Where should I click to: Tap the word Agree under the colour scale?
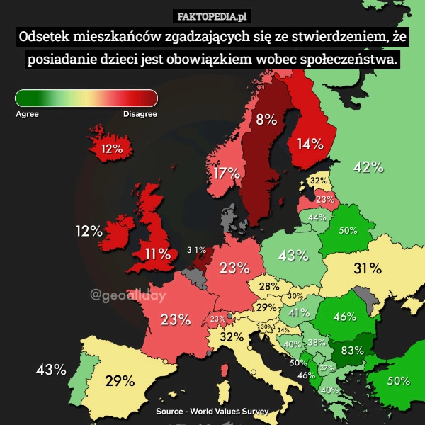(27, 113)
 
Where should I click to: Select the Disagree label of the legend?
(140, 113)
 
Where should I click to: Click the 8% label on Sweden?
(266, 120)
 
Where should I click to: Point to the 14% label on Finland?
(310, 144)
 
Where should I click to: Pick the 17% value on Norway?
(226, 174)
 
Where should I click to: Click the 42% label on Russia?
(368, 167)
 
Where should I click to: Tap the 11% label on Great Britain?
(157, 253)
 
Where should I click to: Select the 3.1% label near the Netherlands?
(195, 249)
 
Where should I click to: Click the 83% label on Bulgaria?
(352, 350)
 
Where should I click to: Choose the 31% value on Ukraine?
(368, 268)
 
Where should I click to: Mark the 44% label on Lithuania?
(317, 217)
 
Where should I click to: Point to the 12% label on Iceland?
(111, 149)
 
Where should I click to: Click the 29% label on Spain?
(120, 381)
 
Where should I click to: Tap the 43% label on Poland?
(293, 255)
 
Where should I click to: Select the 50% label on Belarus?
(347, 230)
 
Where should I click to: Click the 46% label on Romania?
(344, 317)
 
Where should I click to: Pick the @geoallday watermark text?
(127, 295)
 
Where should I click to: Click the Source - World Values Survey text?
(212, 411)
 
